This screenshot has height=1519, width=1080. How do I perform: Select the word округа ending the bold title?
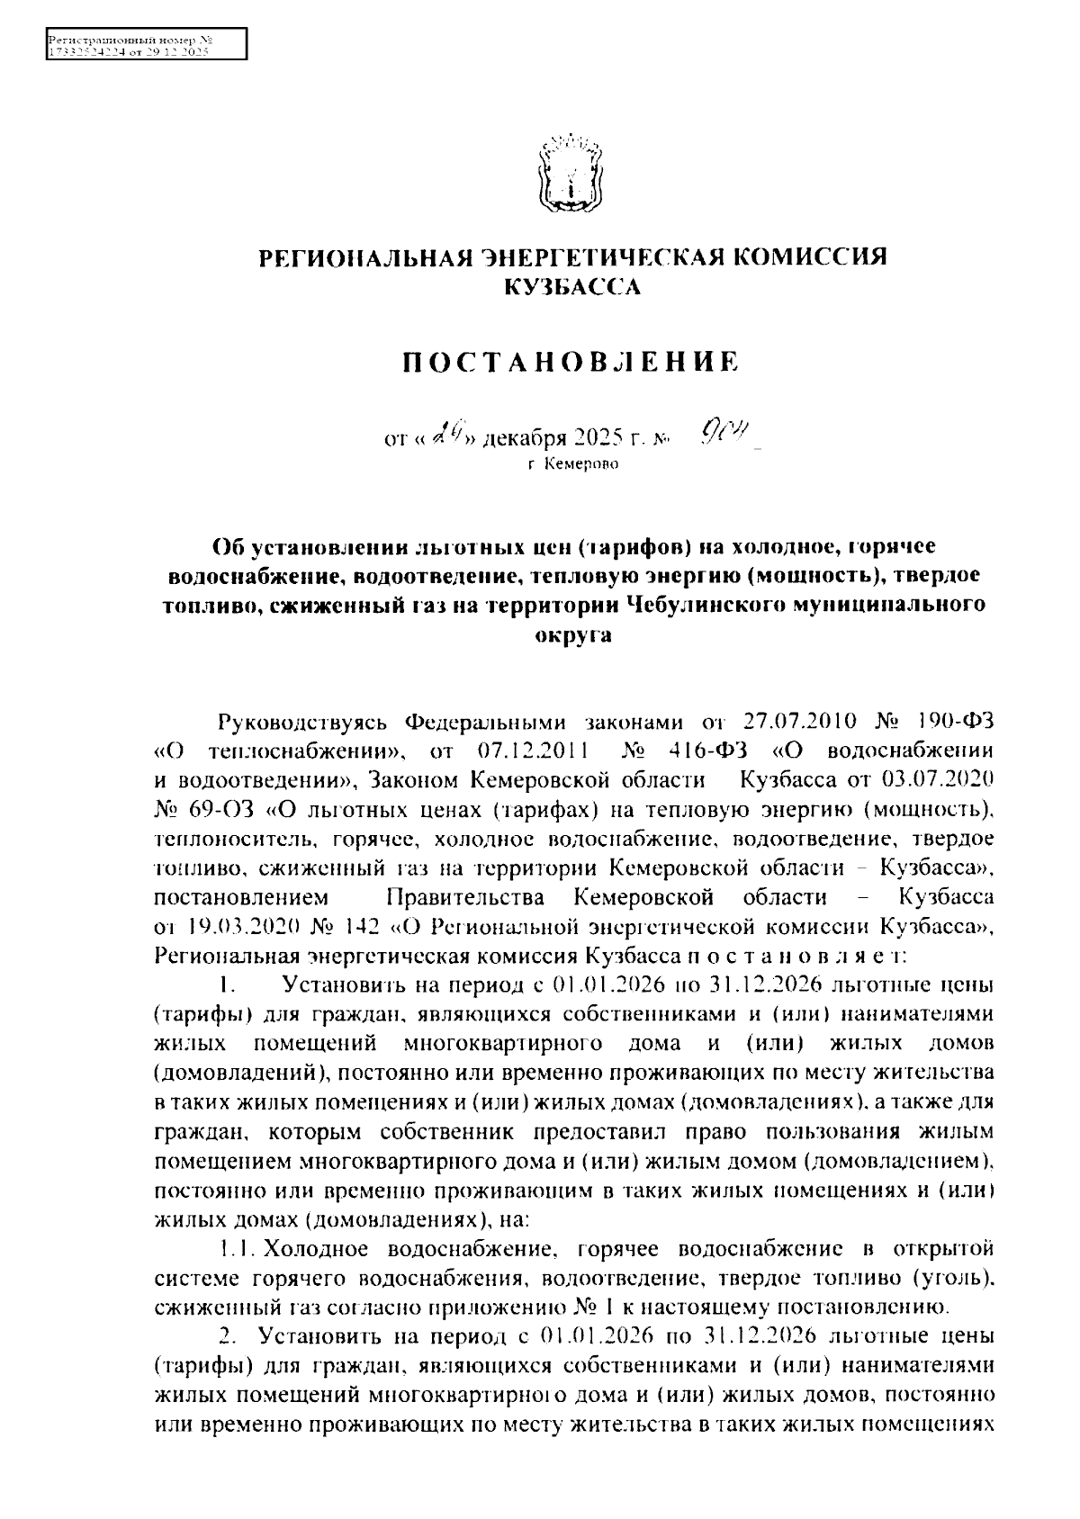572,635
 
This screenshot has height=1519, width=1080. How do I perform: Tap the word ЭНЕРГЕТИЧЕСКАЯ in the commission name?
600,258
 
